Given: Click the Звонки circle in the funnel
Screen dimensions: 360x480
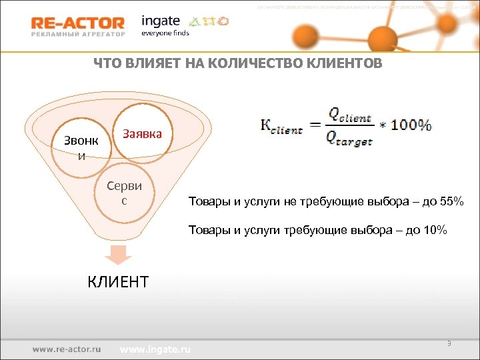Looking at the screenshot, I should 81,147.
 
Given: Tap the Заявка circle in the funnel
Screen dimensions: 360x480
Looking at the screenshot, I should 142,134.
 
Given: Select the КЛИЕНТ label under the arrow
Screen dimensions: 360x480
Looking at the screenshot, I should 118,281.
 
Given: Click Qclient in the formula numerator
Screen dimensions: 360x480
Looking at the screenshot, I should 349,116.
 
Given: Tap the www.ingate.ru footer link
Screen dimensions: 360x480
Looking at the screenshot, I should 155,349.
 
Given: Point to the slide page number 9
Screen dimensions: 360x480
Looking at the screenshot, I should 449,343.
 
